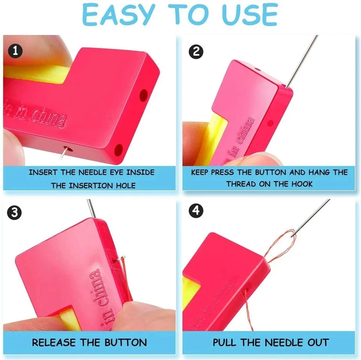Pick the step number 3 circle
pos(15,213)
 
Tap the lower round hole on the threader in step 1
pos(118,150)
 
